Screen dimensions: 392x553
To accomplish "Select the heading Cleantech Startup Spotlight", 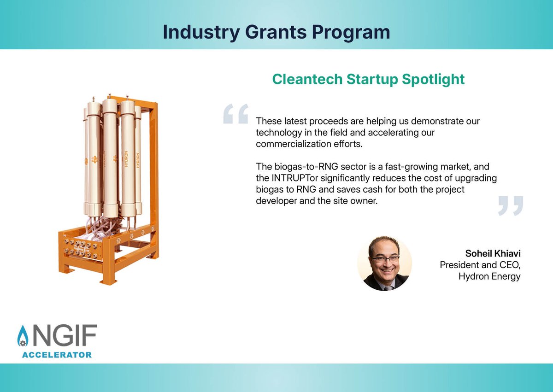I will coord(368,79).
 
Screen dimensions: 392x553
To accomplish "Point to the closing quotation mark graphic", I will coord(511,205).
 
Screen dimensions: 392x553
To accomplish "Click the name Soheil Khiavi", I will coord(493,254).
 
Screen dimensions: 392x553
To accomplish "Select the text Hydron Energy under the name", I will coord(489,276).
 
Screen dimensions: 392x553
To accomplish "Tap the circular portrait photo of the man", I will coord(384,263).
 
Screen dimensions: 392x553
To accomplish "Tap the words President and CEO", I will coord(480,265).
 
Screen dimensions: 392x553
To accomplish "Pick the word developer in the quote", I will coord(275,200).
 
